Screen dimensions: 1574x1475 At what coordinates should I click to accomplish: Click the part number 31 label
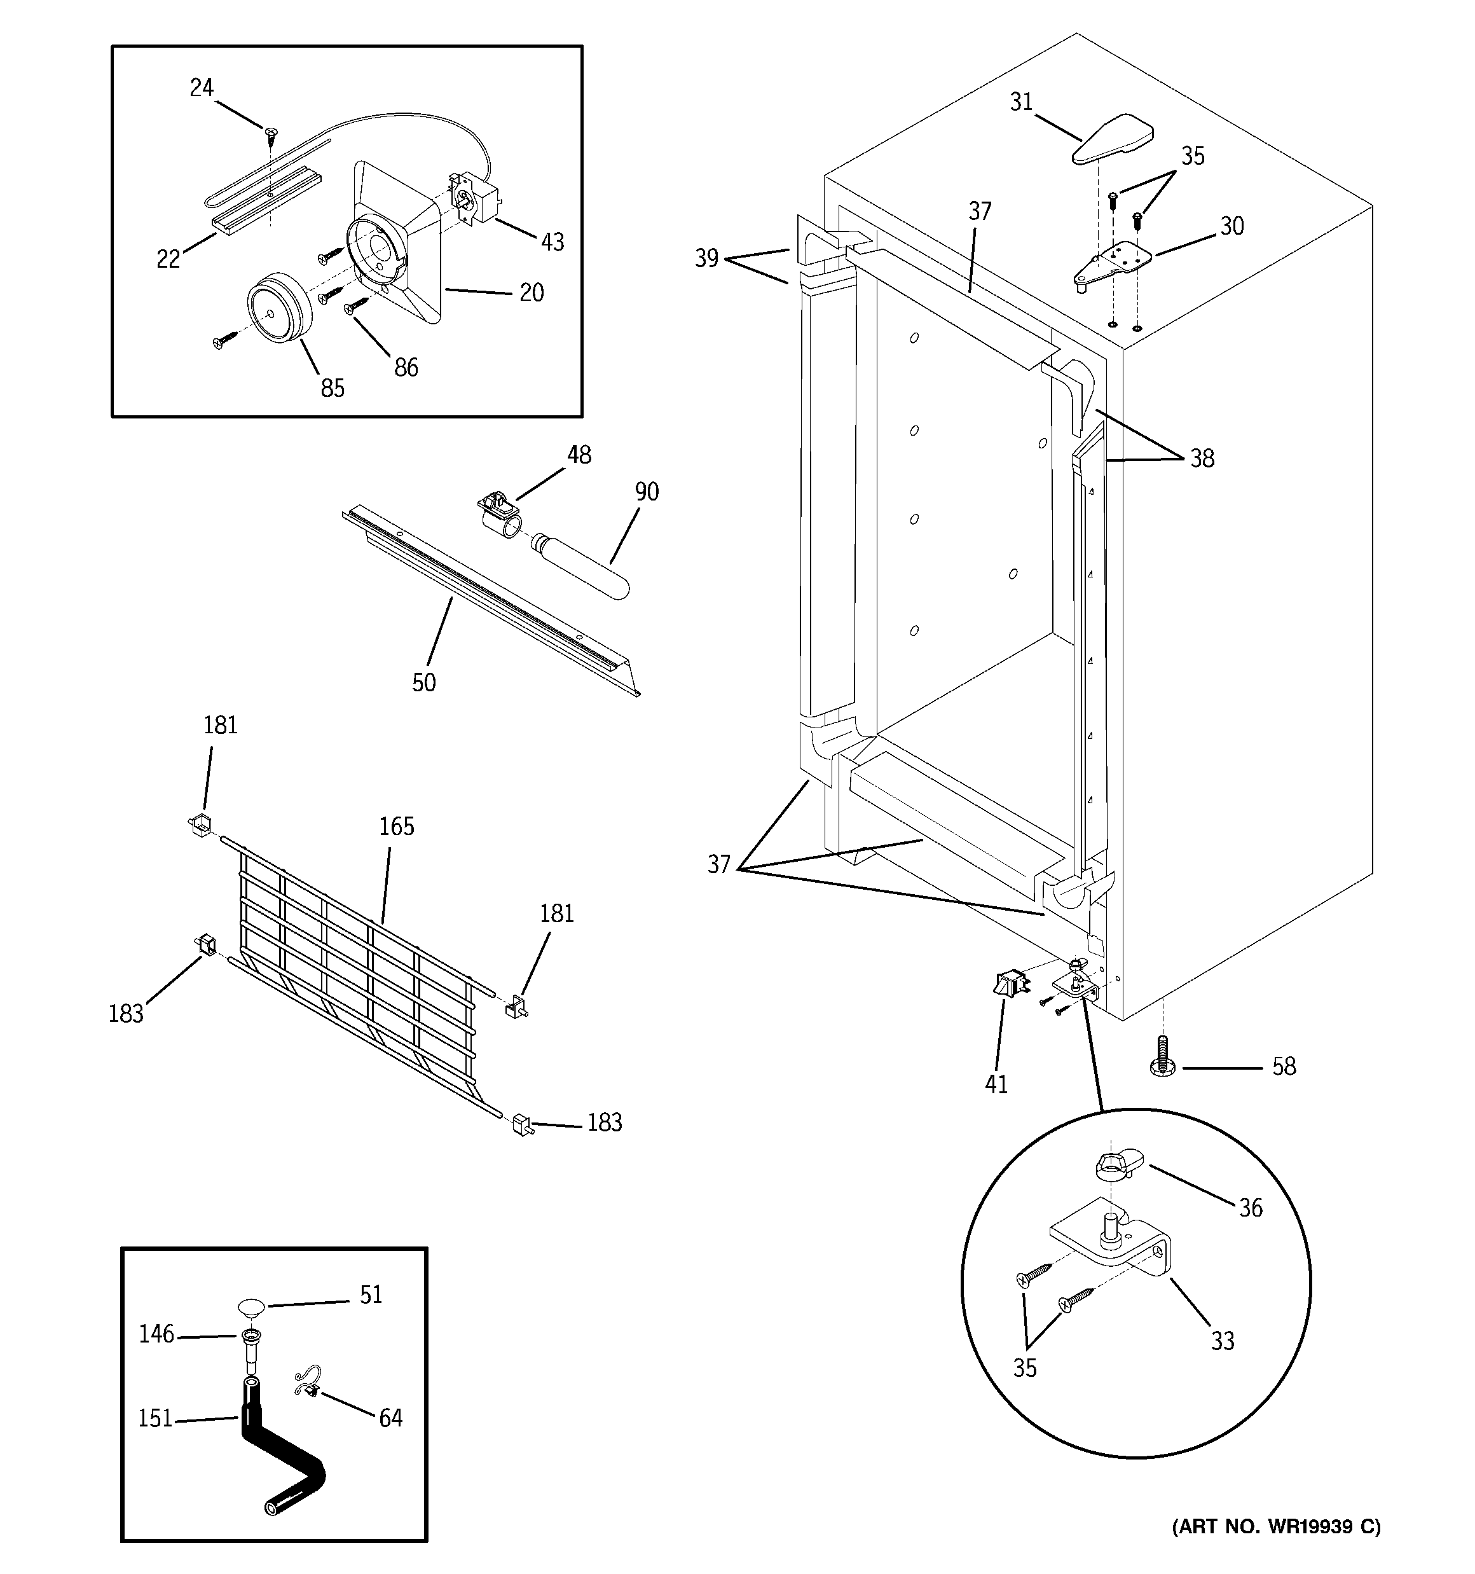point(1021,102)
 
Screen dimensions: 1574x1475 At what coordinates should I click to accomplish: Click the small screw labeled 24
point(271,133)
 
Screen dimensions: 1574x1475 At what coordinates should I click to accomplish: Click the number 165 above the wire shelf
point(397,827)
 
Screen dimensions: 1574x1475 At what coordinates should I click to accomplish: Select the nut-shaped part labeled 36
point(1116,1166)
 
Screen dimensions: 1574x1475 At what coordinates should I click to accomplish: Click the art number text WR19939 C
point(1275,1526)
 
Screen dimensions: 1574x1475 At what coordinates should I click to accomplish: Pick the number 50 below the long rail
point(423,682)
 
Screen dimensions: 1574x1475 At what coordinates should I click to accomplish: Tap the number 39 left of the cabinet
point(707,258)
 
